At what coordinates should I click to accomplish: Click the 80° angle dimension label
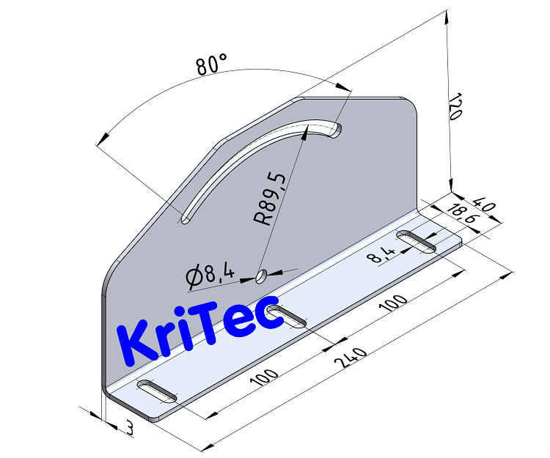click(x=212, y=64)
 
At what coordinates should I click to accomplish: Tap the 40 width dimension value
click(x=485, y=203)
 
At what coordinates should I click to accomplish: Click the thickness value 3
click(x=130, y=429)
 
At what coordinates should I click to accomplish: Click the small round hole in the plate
click(x=260, y=276)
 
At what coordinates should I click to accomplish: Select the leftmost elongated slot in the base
click(x=157, y=391)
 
